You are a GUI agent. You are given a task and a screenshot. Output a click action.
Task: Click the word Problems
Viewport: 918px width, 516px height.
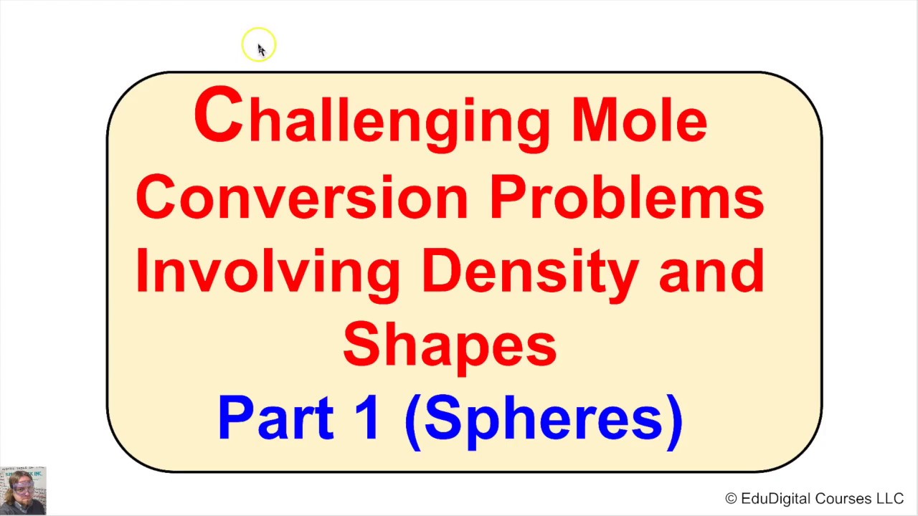(627, 196)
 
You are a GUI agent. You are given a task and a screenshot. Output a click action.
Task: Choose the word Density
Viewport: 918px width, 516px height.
(529, 271)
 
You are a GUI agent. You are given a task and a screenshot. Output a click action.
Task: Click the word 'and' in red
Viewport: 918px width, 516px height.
(711, 271)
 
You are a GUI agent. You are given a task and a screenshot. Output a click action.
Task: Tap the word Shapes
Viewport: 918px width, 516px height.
(450, 345)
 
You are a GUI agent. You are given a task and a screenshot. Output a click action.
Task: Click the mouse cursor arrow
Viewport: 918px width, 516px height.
(260, 49)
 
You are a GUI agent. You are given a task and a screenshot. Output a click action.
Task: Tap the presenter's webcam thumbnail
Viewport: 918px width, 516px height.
(23, 491)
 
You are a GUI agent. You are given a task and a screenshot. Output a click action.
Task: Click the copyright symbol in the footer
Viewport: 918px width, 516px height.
(731, 499)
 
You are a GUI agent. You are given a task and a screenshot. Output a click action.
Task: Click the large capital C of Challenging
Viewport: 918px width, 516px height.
(218, 115)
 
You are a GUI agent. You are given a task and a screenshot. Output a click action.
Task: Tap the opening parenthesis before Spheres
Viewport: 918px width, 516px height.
(413, 421)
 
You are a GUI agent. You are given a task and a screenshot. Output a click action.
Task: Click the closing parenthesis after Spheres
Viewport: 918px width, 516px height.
(675, 421)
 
